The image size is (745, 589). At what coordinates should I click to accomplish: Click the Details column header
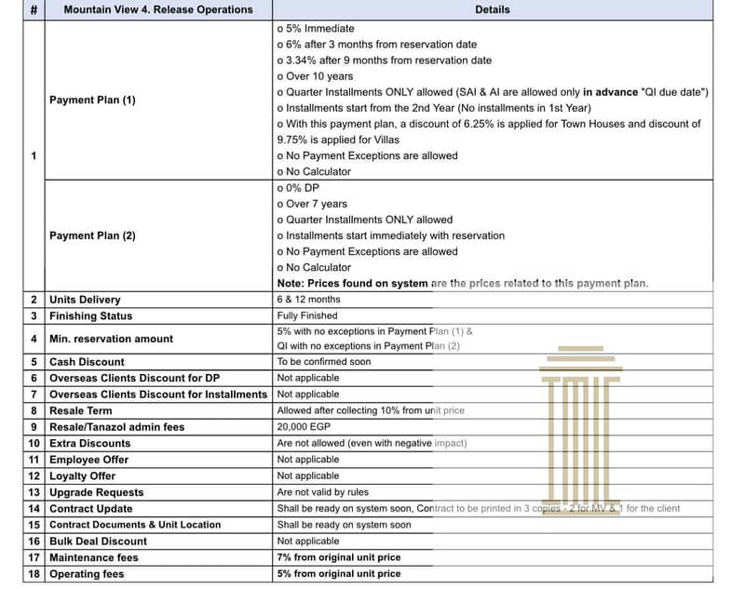[492, 9]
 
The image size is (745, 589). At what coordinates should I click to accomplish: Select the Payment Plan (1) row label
[92, 100]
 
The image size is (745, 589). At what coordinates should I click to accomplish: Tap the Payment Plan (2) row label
[92, 235]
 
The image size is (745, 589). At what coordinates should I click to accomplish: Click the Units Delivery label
[85, 300]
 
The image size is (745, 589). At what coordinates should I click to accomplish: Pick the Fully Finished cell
[307, 315]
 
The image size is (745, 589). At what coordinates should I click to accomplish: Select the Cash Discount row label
[87, 362]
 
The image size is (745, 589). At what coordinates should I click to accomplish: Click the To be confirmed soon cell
[323, 362]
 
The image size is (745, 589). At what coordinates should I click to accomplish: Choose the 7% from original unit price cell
[339, 557]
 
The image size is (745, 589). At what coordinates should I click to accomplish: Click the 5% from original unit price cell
[339, 574]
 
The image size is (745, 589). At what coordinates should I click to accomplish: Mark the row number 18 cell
[34, 574]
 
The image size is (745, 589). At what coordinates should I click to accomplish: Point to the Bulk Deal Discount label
[98, 541]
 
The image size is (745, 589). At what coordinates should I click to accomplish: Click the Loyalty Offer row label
[82, 475]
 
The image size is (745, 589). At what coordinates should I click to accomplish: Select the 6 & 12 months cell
[308, 300]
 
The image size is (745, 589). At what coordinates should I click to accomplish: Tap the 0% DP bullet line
[300, 188]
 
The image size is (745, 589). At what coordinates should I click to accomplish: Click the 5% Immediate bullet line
[317, 28]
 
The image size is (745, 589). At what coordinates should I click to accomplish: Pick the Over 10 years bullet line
[316, 76]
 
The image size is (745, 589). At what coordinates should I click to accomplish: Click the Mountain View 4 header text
[157, 9]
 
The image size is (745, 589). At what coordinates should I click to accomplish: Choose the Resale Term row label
[81, 410]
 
